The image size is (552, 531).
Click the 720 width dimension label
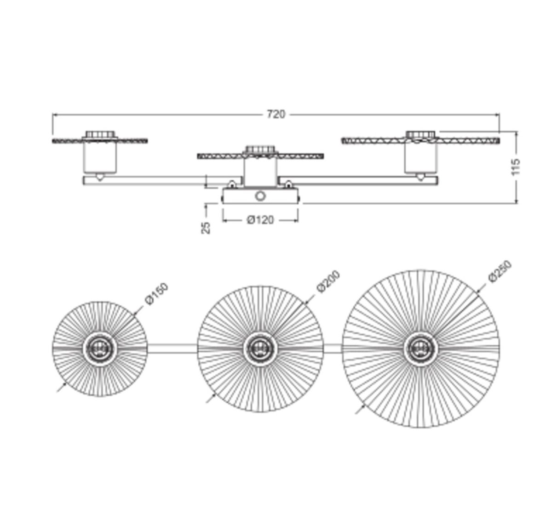coord(276,114)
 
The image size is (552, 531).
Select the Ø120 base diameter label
coord(260,220)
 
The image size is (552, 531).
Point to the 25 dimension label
coord(206,228)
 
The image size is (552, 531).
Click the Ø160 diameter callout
coord(156,294)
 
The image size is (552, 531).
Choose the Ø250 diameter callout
coord(500,272)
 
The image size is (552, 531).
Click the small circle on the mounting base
coord(260,196)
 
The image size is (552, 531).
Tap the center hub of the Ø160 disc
coord(100,348)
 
